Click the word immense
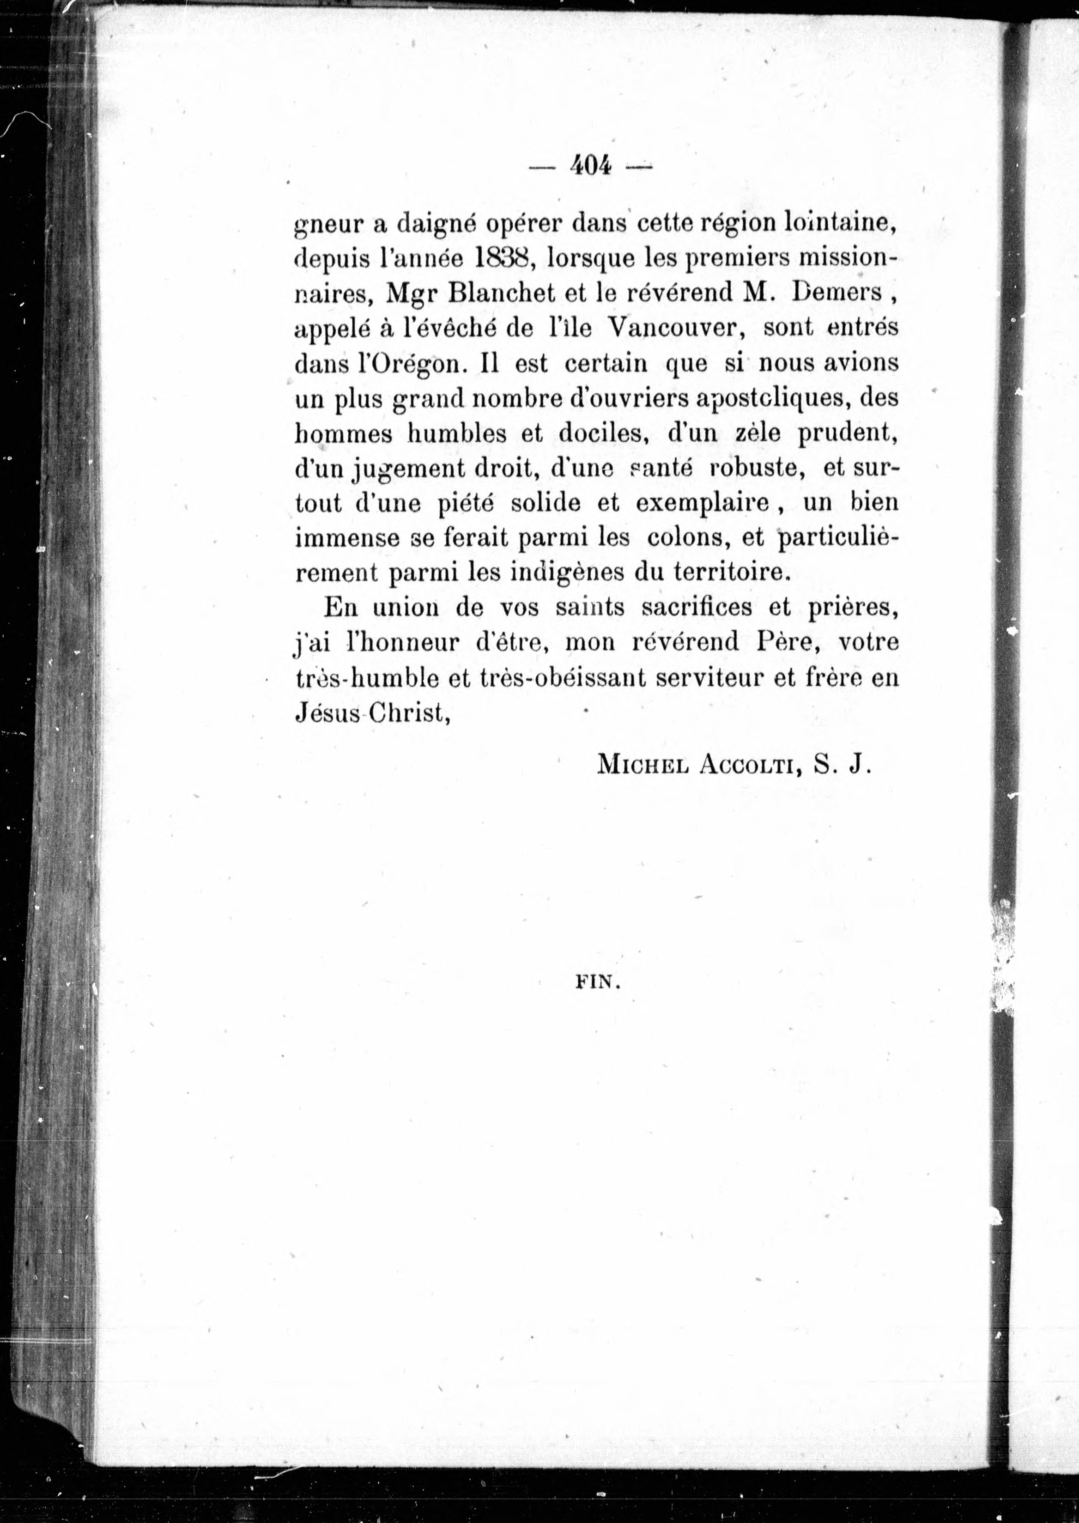pos(347,538)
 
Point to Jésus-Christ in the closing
pos(370,713)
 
